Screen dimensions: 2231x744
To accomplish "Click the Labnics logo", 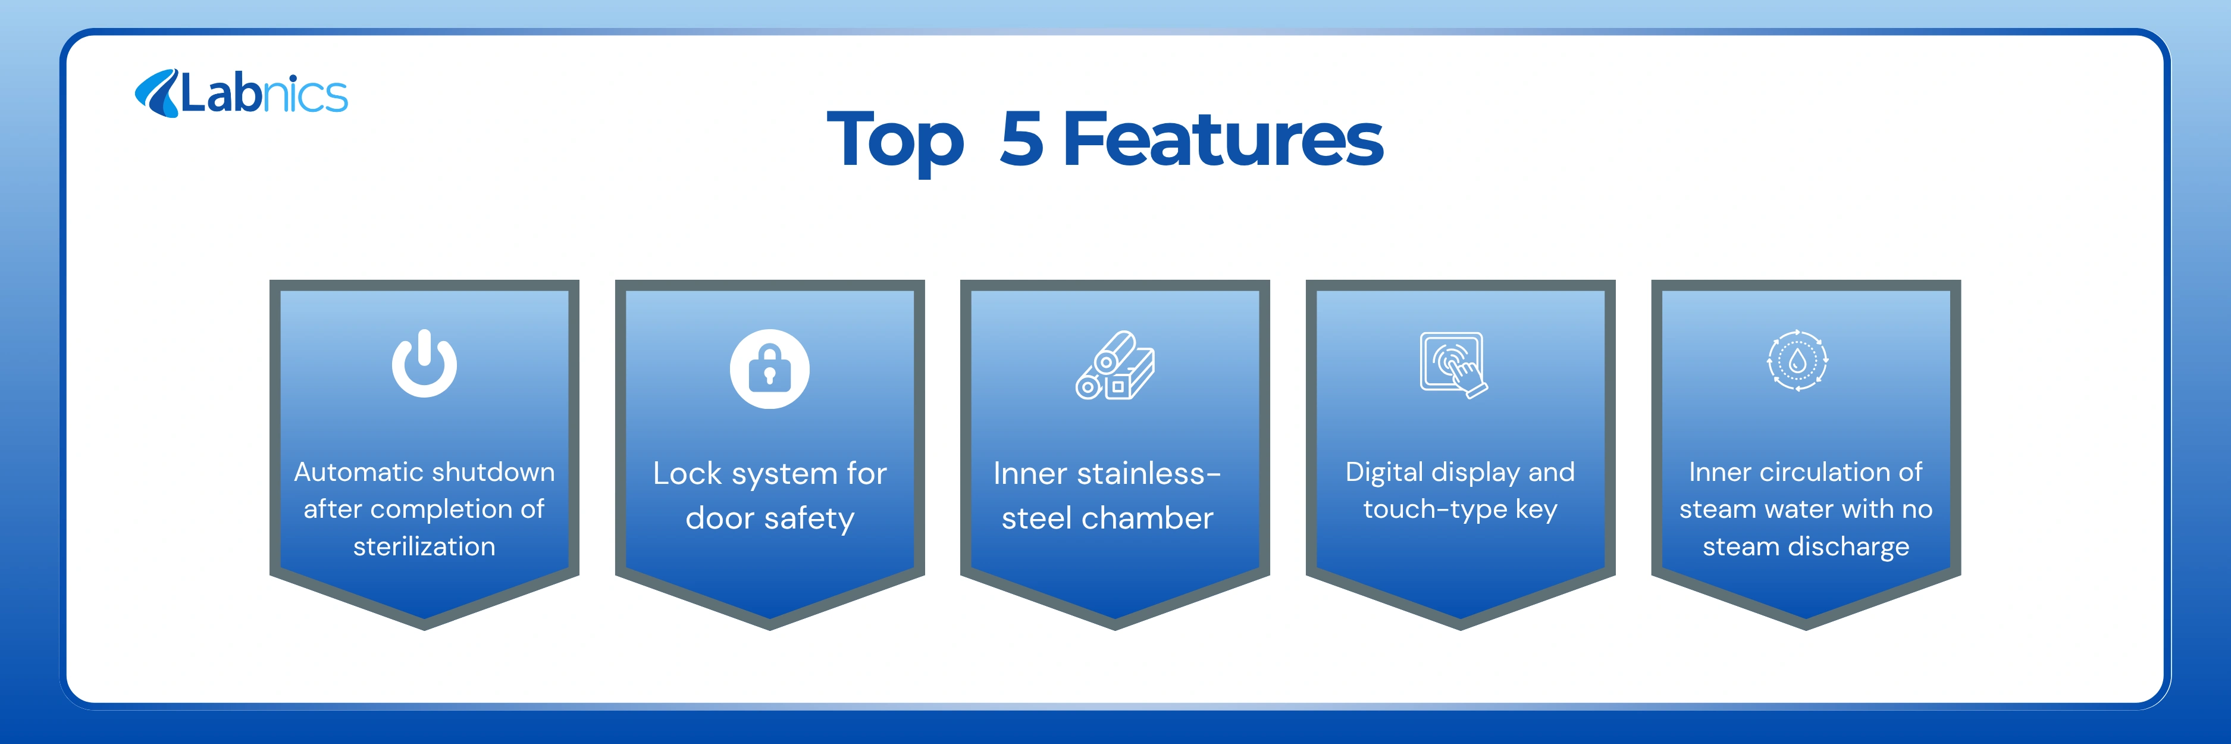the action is pyautogui.click(x=241, y=93).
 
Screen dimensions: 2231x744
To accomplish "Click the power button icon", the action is pyautogui.click(x=424, y=363).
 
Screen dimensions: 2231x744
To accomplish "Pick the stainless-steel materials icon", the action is pyautogui.click(x=1115, y=365).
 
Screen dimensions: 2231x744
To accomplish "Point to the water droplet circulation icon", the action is pyautogui.click(x=1797, y=360).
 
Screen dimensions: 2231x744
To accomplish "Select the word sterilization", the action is pyautogui.click(x=424, y=546).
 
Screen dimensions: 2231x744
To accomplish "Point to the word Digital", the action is pyautogui.click(x=1384, y=473).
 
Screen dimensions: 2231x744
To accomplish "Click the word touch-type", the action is pyautogui.click(x=1435, y=509).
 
